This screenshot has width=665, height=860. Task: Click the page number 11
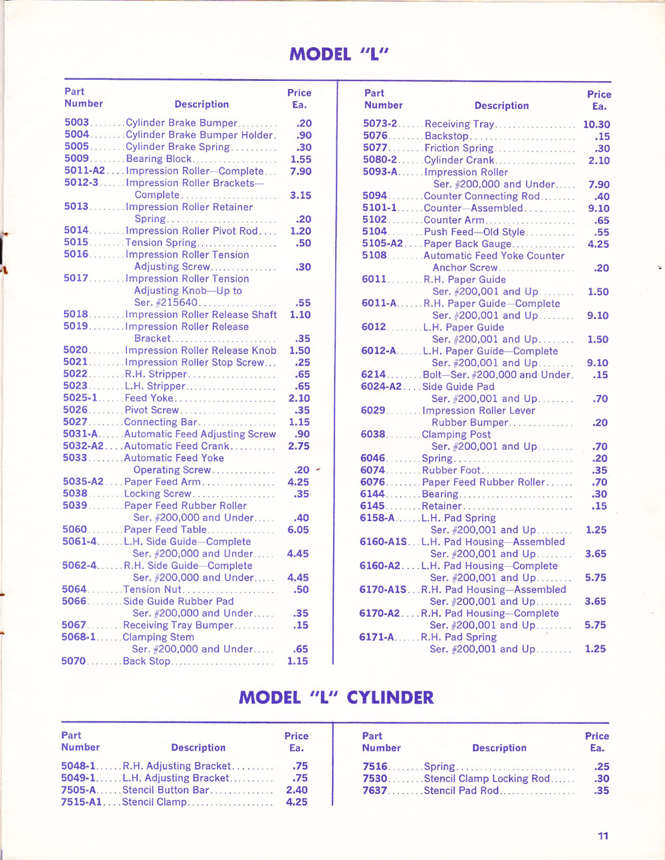(x=603, y=836)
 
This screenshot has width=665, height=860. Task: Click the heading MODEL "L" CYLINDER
(x=336, y=697)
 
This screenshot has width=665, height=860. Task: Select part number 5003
(x=76, y=123)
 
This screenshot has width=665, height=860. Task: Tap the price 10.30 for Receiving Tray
(x=597, y=124)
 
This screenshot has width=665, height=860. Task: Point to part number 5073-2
(x=380, y=124)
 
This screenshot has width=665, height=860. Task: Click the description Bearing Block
(x=158, y=159)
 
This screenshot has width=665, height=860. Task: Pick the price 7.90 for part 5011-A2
(x=301, y=171)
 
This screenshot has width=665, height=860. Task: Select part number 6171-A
(x=376, y=637)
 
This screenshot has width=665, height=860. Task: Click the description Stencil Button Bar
(x=166, y=790)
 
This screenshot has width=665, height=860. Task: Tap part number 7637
(x=374, y=790)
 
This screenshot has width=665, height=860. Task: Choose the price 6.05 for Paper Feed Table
(x=298, y=530)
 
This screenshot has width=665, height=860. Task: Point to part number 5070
(x=74, y=661)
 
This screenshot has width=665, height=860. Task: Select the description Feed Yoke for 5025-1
(x=149, y=398)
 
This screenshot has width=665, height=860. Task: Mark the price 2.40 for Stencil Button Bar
(x=297, y=790)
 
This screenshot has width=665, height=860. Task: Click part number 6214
(x=373, y=375)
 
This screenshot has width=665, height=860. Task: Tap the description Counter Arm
(x=454, y=220)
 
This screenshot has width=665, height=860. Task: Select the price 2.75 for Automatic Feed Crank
(x=299, y=446)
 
